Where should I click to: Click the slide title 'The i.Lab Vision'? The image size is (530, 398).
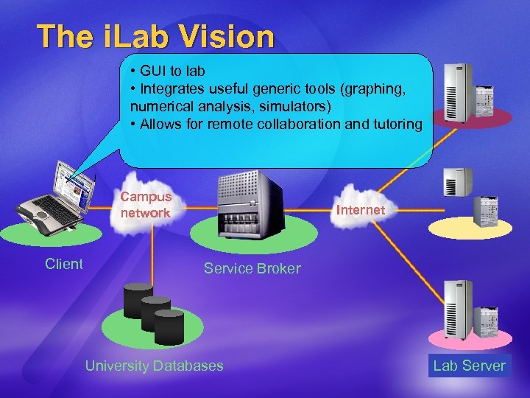(155, 36)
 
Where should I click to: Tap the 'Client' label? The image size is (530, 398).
(63, 264)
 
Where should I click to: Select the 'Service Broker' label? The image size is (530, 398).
(252, 268)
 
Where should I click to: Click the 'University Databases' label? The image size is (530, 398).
(154, 366)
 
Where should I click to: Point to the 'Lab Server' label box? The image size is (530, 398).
(469, 366)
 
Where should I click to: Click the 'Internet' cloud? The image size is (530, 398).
(360, 210)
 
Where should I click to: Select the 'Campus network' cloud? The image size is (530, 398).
(146, 205)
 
